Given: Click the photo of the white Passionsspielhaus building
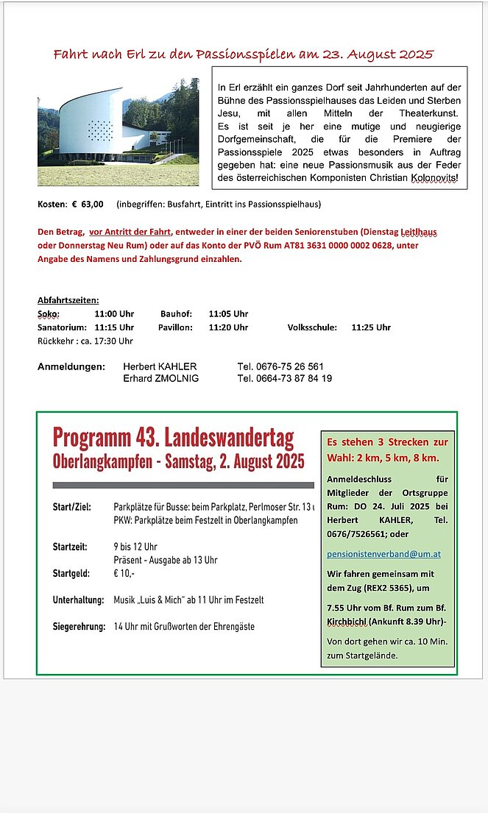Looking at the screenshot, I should (118, 132).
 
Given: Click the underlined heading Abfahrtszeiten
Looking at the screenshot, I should (68, 300).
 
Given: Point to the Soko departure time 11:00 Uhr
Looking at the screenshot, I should (114, 314).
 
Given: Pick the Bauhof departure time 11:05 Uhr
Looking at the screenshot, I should (228, 314).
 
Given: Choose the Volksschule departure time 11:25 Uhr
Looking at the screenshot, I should (371, 327).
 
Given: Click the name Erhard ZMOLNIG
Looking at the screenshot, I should (160, 379).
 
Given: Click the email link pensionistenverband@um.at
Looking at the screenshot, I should (383, 554).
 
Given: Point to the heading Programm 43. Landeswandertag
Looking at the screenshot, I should (173, 438).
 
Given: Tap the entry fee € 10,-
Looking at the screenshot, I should (124, 573).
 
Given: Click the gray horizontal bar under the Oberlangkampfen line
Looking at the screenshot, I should (183, 485).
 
